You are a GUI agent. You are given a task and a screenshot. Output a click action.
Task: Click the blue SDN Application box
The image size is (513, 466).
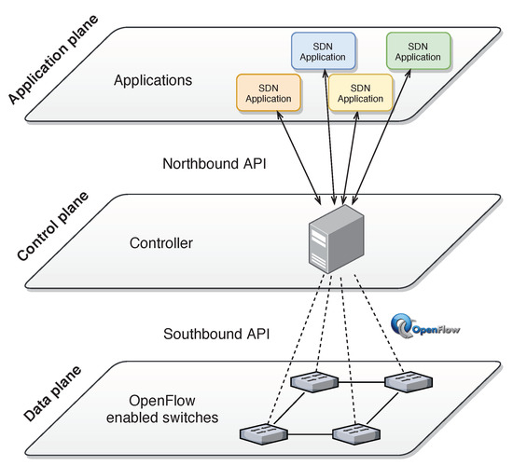[x=324, y=50]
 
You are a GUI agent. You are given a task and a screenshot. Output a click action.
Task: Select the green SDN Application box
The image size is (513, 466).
[x=419, y=50]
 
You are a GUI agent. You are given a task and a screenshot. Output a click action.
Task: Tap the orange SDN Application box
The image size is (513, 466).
[x=270, y=92]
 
